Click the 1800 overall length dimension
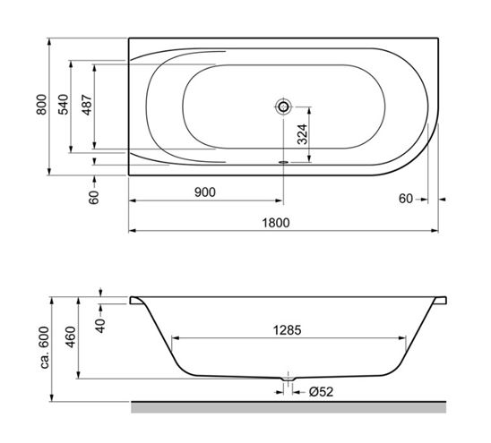[x=276, y=223]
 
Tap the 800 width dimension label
[x=41, y=105]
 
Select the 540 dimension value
[x=64, y=105]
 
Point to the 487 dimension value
[x=88, y=105]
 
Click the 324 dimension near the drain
[x=303, y=134]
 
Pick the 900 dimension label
[x=205, y=192]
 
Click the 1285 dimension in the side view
[x=287, y=330]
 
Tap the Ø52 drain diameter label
[x=321, y=392]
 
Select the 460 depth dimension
[x=72, y=337]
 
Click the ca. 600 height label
[x=45, y=347]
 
